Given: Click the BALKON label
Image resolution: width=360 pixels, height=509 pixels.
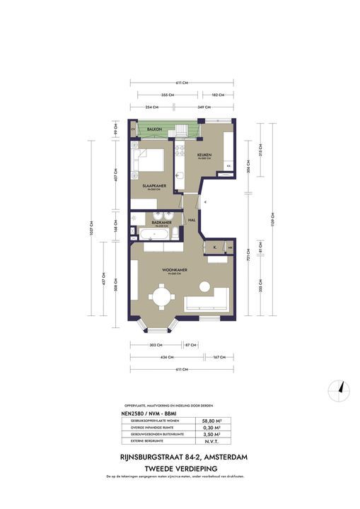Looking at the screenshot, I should point(155,129).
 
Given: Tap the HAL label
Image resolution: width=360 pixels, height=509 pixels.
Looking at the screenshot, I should point(192,221).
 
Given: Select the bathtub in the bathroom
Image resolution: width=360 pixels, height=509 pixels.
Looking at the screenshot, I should point(153,234).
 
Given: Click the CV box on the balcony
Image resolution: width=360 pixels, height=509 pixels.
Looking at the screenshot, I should point(134,129).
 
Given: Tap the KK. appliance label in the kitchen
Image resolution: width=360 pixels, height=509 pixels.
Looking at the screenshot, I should point(228,165).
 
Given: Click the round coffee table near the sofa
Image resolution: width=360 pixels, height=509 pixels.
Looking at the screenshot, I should point(204,287).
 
